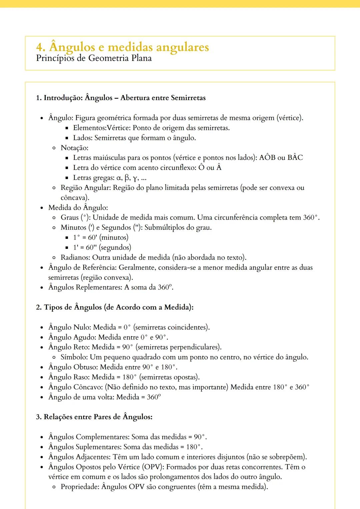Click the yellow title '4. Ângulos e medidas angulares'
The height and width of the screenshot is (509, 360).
[x=122, y=47]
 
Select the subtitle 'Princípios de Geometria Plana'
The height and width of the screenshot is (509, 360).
[x=94, y=58]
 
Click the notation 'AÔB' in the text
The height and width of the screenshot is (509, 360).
[x=267, y=158]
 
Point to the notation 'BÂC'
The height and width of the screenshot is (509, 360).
[x=295, y=158]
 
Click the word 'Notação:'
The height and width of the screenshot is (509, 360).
[x=75, y=148]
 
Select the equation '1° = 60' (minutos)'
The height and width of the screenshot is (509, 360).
[x=101, y=238]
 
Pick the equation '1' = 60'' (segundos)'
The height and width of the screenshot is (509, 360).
[x=102, y=248]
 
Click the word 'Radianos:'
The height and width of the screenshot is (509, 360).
[x=76, y=257]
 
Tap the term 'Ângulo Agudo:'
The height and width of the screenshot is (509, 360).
[x=72, y=337]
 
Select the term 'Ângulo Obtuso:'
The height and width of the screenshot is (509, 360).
[x=73, y=367]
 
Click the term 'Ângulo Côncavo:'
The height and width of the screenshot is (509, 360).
[x=76, y=387]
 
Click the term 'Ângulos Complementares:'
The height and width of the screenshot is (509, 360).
[x=89, y=437]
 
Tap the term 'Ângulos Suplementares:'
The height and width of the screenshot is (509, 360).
[x=85, y=447]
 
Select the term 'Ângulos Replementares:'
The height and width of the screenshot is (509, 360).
[x=85, y=287]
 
